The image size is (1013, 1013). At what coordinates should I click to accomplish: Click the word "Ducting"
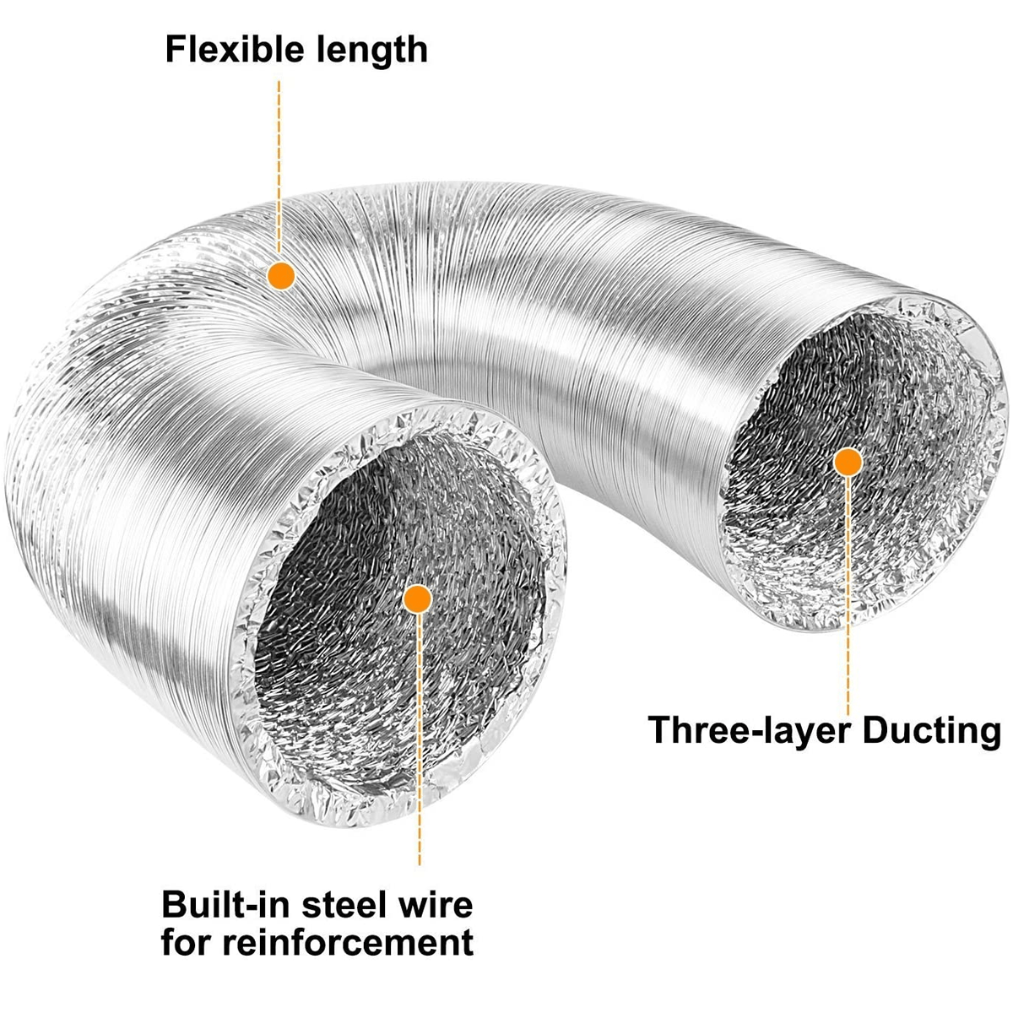(x=929, y=730)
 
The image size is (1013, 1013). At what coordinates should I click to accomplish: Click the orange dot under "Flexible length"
(x=280, y=274)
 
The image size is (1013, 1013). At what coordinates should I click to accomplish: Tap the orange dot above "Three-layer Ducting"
(x=848, y=462)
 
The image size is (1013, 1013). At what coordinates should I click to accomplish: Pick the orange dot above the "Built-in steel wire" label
(x=418, y=599)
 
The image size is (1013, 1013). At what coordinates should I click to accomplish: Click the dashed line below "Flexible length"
(x=279, y=169)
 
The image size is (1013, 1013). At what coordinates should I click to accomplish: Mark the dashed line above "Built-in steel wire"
(x=419, y=743)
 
